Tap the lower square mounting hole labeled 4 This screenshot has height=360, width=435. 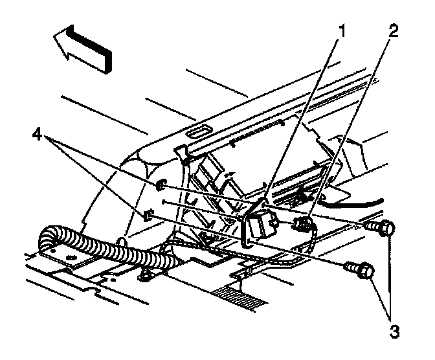point(148,214)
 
